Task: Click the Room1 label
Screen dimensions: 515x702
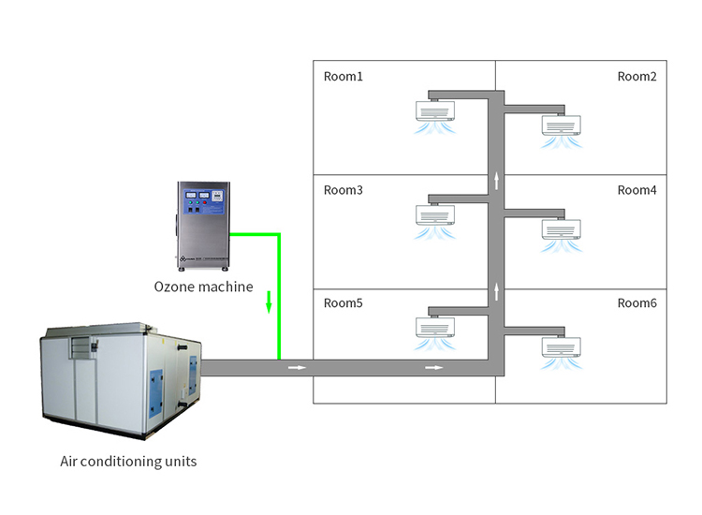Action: point(343,77)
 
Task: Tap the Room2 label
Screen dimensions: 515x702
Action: point(636,77)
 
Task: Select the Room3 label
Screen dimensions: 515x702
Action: point(343,190)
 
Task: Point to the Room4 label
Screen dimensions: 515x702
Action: point(636,190)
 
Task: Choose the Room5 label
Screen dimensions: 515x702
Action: point(343,303)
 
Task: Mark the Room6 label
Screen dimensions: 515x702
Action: point(636,303)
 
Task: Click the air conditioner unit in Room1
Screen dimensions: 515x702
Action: point(434,110)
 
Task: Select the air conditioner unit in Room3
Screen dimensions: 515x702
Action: point(434,215)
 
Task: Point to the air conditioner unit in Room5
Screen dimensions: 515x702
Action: point(434,326)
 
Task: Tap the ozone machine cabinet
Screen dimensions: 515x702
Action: point(202,222)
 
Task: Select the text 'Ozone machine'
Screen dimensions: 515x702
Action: point(203,287)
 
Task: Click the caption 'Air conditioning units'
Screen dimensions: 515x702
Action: point(128,461)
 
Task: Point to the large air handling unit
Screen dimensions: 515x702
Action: point(120,380)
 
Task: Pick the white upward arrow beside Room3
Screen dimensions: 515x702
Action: point(497,180)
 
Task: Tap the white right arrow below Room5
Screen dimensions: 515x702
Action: point(433,367)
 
